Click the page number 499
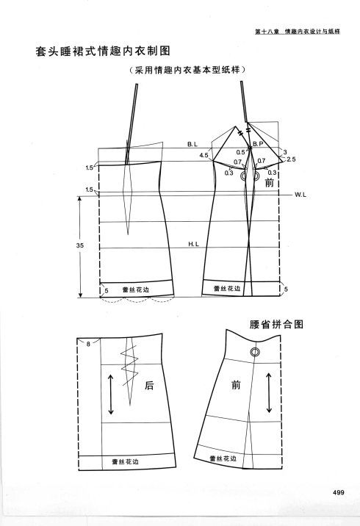click(x=339, y=492)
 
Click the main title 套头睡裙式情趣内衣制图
click(x=104, y=51)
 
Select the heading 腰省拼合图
click(x=276, y=325)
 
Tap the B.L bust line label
click(x=192, y=145)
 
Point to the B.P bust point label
click(x=258, y=144)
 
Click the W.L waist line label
click(x=300, y=195)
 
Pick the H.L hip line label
click(x=193, y=244)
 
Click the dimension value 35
click(x=79, y=245)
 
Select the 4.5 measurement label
click(x=204, y=155)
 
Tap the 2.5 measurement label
click(x=291, y=159)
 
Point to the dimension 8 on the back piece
click(x=88, y=344)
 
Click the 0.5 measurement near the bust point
click(x=240, y=152)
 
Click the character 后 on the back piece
click(x=149, y=386)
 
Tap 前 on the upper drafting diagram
click(x=270, y=183)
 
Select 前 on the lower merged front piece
click(x=236, y=385)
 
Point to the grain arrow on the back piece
click(x=111, y=394)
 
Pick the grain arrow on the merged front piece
click(x=269, y=392)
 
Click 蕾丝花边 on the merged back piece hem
click(x=125, y=462)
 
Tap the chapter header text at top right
click(x=298, y=32)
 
